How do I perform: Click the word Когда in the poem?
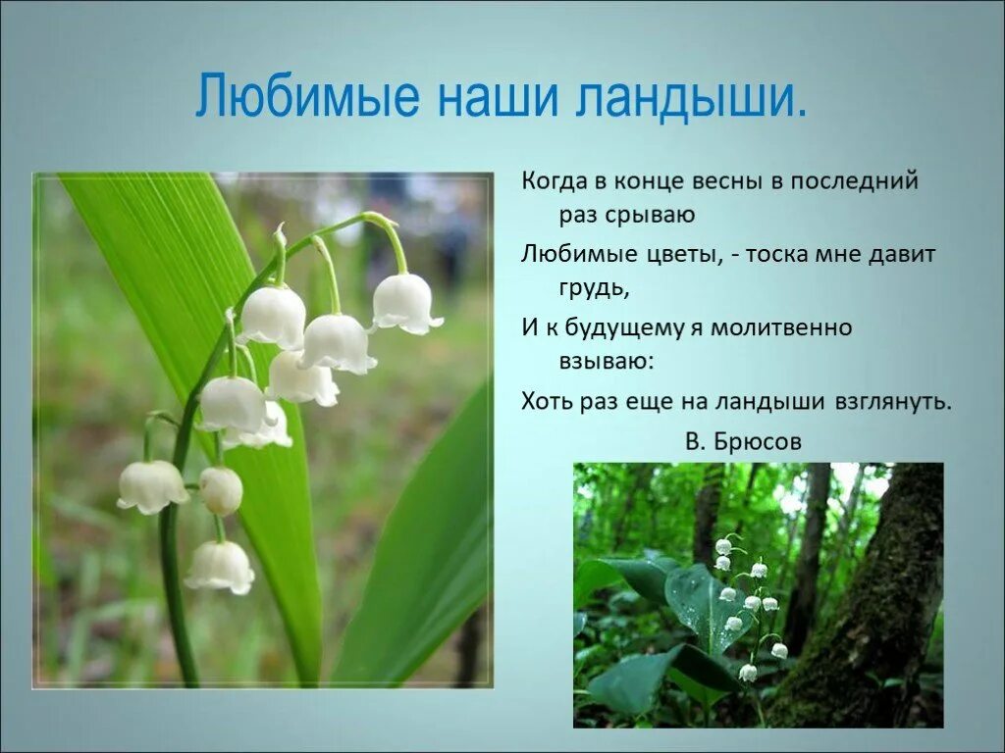(555, 181)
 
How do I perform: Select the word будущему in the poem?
(623, 326)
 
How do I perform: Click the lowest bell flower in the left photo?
(220, 567)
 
